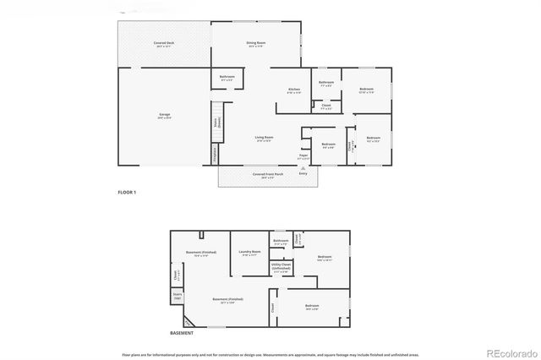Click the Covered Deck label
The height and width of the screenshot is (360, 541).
pos(164,44)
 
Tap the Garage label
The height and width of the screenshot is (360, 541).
pos(164,117)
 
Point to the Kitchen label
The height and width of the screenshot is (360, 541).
pos(294,90)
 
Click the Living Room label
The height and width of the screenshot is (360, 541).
pos(264,139)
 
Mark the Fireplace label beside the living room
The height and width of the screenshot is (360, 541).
pos(215,155)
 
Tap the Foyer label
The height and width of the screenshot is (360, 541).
pos(303,156)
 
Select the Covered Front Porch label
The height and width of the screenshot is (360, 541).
pos(268,177)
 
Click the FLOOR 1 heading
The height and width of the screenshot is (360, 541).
pos(127,193)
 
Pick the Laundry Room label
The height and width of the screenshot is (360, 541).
pos(249,253)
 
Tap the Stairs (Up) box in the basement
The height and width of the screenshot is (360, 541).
pos(178,297)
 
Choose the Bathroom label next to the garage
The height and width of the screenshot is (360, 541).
pos(227,79)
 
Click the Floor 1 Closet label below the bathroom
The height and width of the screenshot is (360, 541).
pos(326,106)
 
